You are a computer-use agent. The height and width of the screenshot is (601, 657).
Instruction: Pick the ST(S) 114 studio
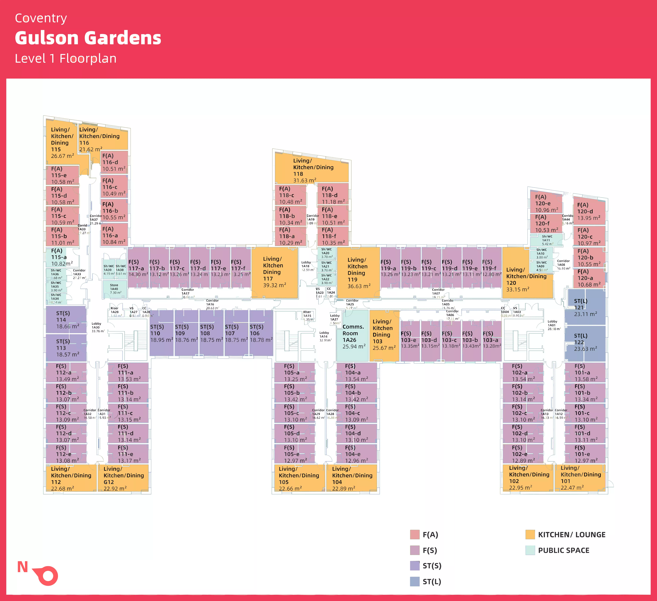(66, 320)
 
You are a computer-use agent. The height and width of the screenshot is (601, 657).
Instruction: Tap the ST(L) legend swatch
(415, 581)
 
